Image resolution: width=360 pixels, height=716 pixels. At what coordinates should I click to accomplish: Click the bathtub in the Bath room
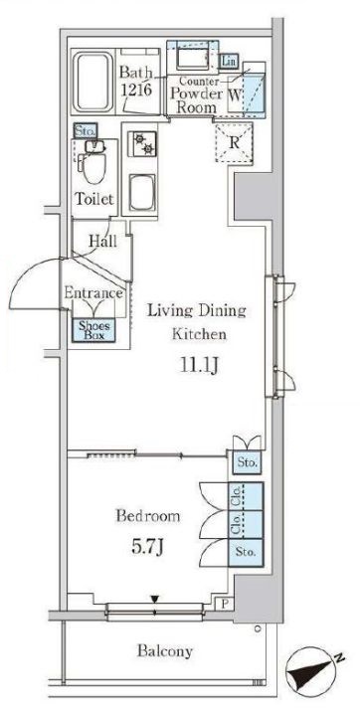coord(93,83)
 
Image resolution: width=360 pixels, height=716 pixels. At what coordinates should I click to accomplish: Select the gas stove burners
coord(142,143)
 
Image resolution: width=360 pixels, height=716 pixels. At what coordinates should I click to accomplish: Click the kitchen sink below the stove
coord(142,193)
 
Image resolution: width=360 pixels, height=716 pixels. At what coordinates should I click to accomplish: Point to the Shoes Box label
coord(94,330)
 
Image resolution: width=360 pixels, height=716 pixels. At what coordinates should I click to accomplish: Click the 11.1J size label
coord(197,366)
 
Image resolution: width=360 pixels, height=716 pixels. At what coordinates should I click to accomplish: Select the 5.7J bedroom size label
coord(147,547)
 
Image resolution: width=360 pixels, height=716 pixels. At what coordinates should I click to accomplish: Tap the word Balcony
coord(165,651)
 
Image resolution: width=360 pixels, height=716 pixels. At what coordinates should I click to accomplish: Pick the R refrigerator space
coord(234,142)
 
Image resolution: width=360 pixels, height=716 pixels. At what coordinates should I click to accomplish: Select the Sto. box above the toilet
coord(86,131)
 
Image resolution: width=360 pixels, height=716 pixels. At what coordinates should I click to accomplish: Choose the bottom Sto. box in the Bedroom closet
coord(246,552)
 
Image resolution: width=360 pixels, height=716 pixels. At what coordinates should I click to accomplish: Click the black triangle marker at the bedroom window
coord(156,599)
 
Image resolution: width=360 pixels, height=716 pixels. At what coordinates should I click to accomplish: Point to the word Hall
coord(102,241)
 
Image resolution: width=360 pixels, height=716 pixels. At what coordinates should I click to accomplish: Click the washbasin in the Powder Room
coord(192,58)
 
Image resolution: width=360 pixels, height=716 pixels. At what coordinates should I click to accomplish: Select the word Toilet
coord(94,199)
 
